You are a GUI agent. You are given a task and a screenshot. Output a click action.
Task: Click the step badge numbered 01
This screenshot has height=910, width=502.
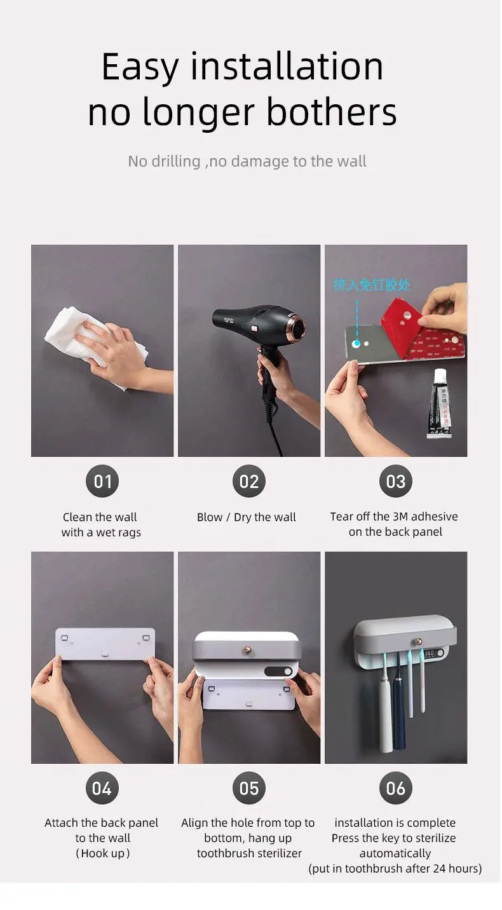[102, 482]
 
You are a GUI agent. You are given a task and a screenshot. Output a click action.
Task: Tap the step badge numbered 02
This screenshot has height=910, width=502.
[249, 482]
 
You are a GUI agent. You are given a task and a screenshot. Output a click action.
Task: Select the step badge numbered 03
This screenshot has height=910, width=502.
[395, 482]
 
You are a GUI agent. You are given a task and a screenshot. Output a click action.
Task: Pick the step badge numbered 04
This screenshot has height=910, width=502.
[102, 789]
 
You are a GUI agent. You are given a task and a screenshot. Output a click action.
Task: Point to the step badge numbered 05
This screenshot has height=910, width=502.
[249, 789]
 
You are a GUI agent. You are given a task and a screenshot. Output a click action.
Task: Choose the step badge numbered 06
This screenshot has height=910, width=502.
[395, 789]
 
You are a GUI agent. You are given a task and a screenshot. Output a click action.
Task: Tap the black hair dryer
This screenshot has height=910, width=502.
[261, 324]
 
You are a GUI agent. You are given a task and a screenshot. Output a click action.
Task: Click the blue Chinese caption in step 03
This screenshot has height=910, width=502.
[372, 284]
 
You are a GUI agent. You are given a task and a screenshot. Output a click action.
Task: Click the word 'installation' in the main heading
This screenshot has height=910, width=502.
[287, 67]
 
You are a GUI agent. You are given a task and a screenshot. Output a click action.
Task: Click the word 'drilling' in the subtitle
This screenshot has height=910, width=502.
[176, 161]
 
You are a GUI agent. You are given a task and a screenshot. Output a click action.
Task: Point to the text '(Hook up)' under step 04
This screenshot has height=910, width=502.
[102, 853]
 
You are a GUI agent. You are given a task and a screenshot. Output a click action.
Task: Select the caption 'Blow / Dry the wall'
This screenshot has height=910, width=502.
[247, 517]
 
